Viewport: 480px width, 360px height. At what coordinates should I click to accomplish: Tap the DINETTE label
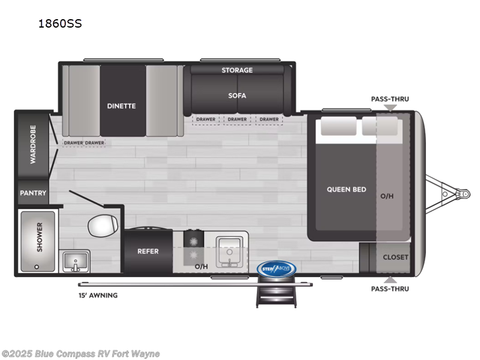[121, 106]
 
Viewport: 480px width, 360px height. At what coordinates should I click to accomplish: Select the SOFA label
[237, 95]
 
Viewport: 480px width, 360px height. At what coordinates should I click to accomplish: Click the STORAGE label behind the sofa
[237, 70]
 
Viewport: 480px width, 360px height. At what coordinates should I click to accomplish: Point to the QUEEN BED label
[346, 190]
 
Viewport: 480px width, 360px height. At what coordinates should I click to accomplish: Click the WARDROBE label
[34, 145]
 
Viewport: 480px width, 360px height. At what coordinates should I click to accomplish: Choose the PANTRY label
[33, 193]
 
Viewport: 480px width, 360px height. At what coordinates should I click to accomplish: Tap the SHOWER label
[40, 237]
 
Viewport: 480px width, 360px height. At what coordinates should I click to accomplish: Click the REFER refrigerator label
[148, 251]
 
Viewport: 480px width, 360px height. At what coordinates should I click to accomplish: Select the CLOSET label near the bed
[396, 257]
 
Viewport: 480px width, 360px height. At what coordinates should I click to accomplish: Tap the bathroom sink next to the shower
[77, 262]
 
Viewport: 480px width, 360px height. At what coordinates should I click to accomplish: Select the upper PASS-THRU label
[390, 99]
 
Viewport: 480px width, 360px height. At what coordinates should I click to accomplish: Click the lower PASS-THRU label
[390, 289]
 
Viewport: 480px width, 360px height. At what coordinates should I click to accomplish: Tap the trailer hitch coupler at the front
[461, 194]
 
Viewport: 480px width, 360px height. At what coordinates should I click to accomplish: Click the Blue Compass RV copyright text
[81, 353]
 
